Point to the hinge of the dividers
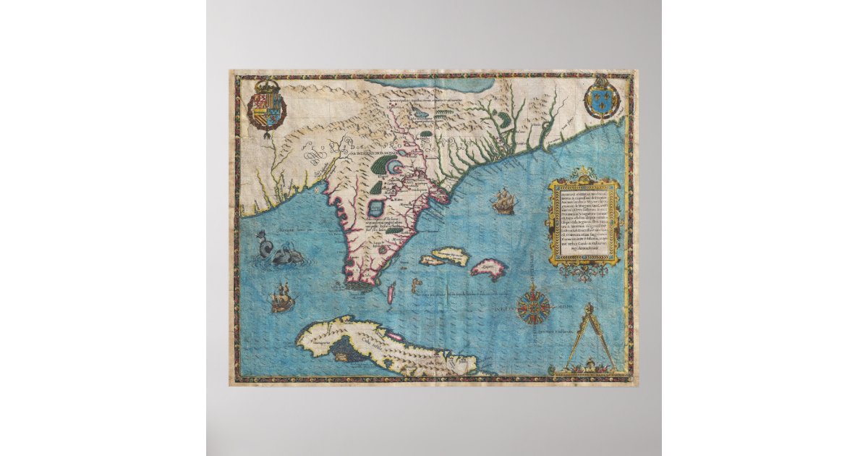click(x=587, y=308)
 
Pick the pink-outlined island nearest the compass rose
click(x=489, y=270)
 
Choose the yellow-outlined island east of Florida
click(x=446, y=256)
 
